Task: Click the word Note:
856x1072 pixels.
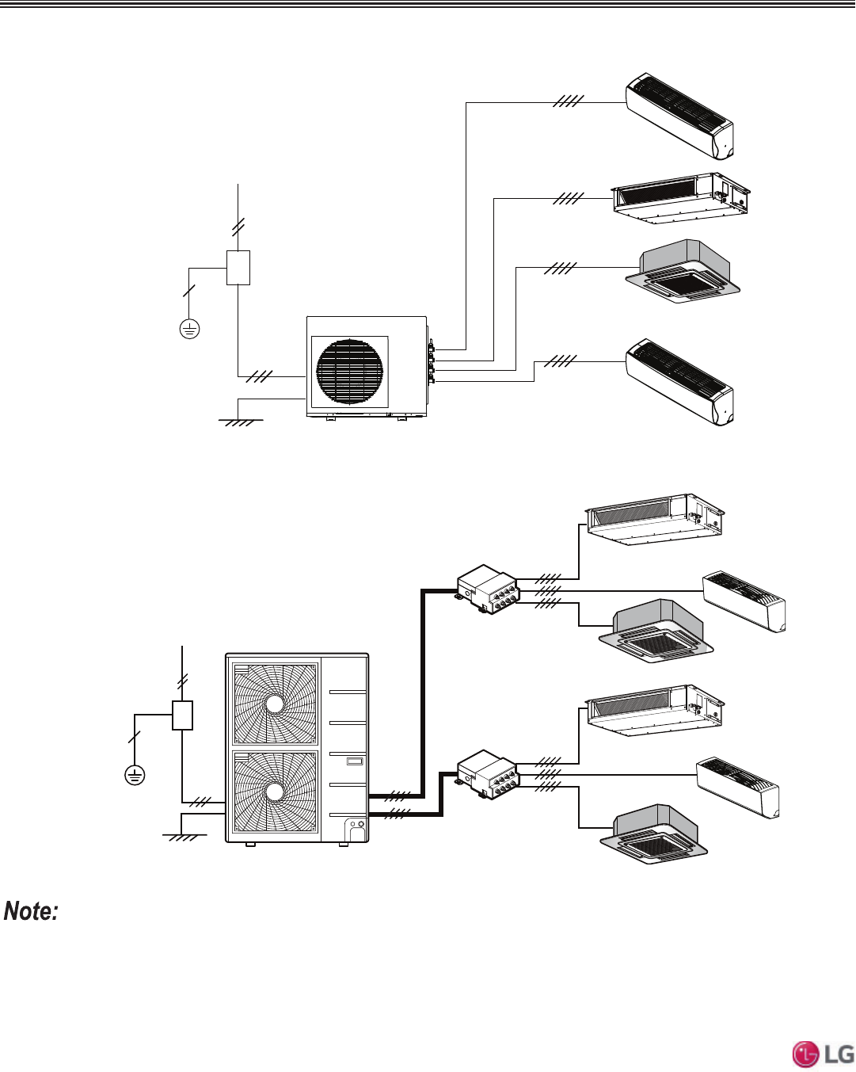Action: [x=32, y=911]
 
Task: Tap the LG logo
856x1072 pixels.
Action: [x=824, y=1054]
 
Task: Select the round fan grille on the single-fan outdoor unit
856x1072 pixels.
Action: [x=349, y=372]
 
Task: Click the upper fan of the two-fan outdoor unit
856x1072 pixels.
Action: [x=275, y=704]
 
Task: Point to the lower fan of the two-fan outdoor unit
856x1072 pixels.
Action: [x=275, y=792]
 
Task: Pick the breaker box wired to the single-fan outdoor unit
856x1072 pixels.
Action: [x=238, y=268]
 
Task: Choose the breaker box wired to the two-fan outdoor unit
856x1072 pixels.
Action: [x=183, y=715]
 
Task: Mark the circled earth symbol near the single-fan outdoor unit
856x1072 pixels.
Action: [x=189, y=328]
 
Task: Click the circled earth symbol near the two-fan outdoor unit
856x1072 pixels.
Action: [x=135, y=775]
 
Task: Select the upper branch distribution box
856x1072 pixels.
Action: [x=488, y=589]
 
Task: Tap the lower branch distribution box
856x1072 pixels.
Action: [x=488, y=773]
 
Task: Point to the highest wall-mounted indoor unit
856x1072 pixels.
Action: [x=679, y=116]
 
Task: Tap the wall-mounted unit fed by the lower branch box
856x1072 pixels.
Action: [x=738, y=788]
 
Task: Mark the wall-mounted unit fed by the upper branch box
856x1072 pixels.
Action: [x=744, y=601]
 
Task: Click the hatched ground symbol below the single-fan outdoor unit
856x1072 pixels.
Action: [x=240, y=422]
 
